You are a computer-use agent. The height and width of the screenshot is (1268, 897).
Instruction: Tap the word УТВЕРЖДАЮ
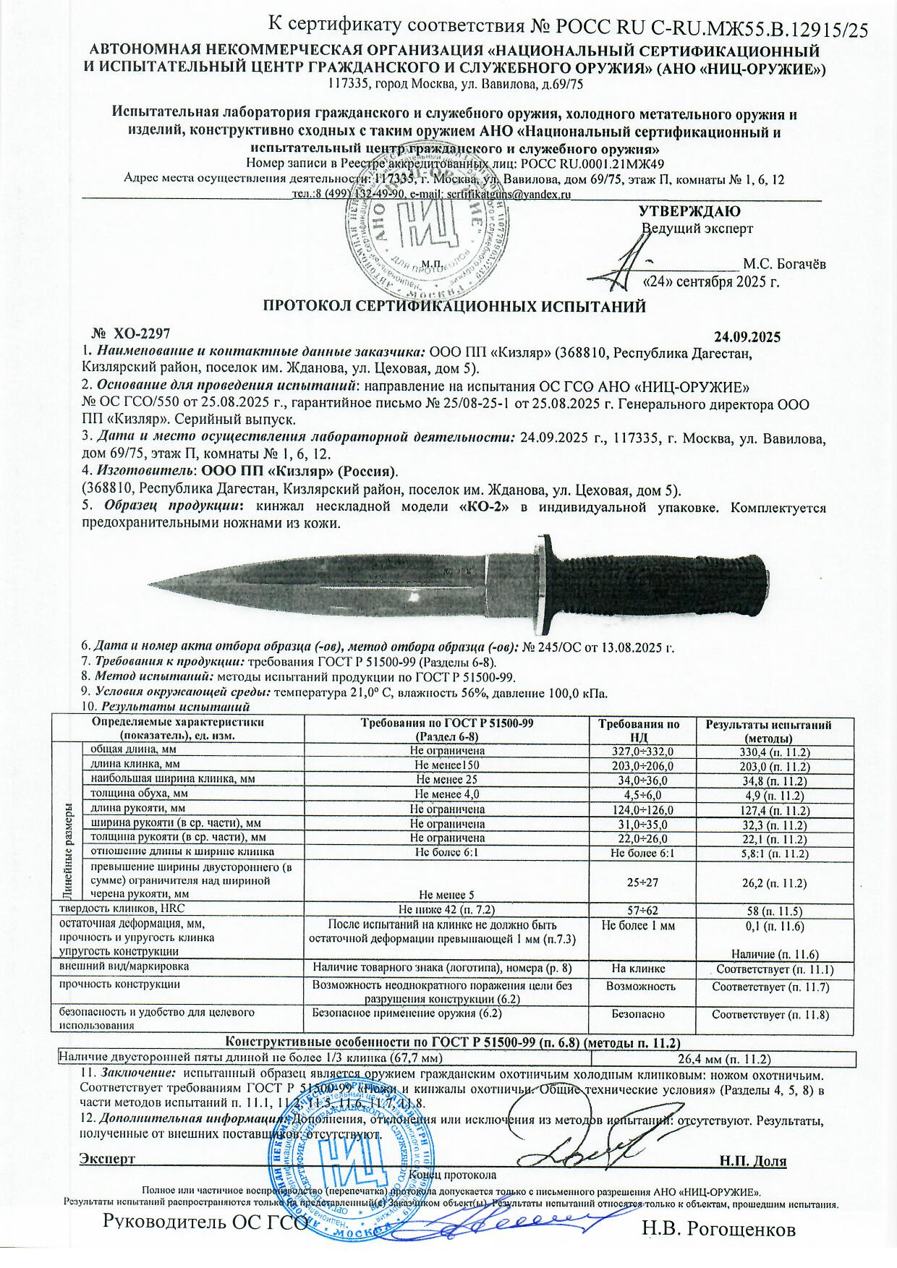pos(689,212)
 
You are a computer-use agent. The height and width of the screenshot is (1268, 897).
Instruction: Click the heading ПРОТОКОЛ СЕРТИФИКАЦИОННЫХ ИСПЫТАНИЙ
pos(454,306)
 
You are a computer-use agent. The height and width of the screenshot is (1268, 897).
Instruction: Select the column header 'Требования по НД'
pos(642,731)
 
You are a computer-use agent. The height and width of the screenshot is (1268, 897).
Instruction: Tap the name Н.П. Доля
pos(753,1162)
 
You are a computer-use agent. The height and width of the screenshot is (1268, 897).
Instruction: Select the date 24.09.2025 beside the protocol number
pos(747,337)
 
